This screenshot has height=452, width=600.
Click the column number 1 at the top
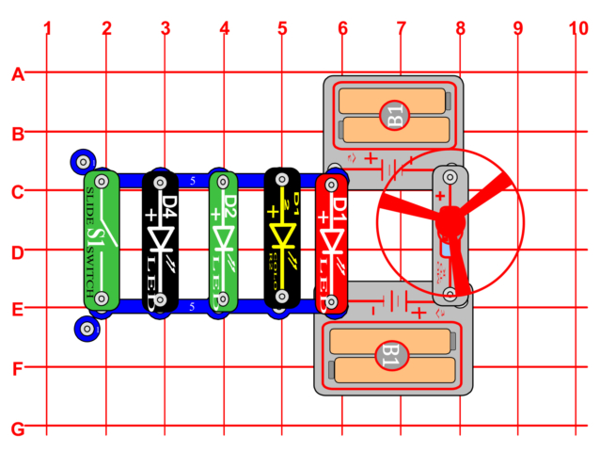pos(47,28)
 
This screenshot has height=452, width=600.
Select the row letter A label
pos(17,74)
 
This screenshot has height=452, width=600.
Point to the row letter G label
pos(17,429)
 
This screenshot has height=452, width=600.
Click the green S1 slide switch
pos(101,239)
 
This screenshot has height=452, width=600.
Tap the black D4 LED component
pos(160,239)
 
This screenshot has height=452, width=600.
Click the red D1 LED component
pos(335,239)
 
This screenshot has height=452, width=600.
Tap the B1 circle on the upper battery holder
pos(394,117)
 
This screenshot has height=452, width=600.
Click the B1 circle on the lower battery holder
pos(390,356)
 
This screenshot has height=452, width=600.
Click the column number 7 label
pos(401,28)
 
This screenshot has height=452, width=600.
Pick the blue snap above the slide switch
pos(87,160)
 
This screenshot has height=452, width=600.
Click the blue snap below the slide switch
pos(87,329)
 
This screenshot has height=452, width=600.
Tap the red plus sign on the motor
pos(439,195)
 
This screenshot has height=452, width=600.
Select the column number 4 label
pos(224,28)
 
